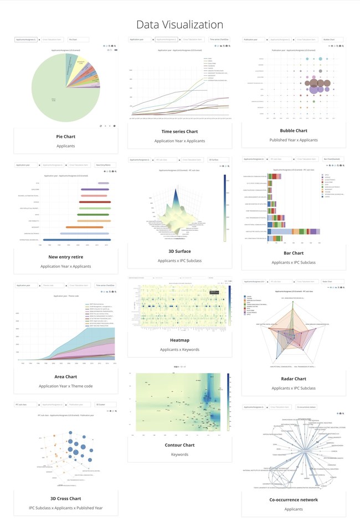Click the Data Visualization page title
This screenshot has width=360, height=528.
click(x=179, y=25)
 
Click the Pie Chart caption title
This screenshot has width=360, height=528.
click(x=66, y=136)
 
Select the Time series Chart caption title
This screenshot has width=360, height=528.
click(x=179, y=132)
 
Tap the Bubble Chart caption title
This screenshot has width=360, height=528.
click(x=294, y=131)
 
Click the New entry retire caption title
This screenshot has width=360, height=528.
click(x=66, y=257)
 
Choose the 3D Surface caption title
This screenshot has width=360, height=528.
click(x=179, y=251)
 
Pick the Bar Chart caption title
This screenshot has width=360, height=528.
click(x=294, y=252)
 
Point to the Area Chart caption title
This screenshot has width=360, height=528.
click(x=66, y=376)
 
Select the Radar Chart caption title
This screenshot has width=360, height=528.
click(x=294, y=379)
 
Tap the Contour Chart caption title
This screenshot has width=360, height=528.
click(x=179, y=445)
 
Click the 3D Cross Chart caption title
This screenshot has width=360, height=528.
click(x=66, y=498)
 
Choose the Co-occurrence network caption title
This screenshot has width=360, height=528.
click(x=294, y=499)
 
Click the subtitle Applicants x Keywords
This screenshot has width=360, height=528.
click(x=179, y=350)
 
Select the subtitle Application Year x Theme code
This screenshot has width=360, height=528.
click(x=66, y=386)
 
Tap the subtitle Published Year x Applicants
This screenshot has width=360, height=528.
click(x=294, y=140)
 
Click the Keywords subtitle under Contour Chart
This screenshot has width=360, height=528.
click(x=179, y=454)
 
